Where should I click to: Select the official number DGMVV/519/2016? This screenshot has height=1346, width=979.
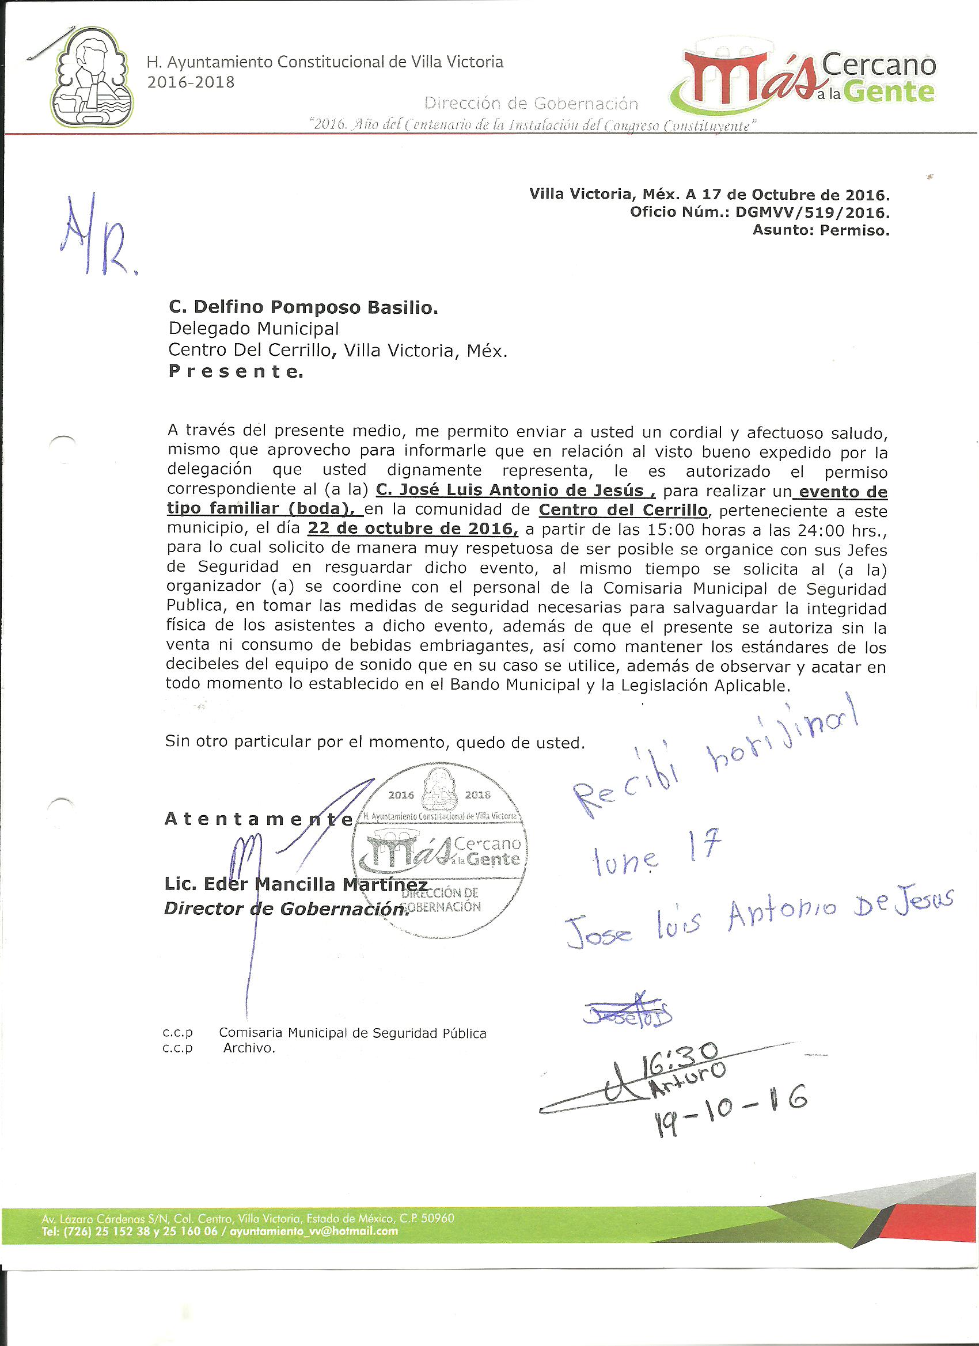pos(811,212)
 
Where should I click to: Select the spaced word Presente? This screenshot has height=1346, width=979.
pos(236,372)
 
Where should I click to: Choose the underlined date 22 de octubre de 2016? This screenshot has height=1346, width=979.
pos(412,528)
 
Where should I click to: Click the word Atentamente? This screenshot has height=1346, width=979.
pos(258,820)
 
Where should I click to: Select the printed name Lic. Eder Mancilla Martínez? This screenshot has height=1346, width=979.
pos(295,885)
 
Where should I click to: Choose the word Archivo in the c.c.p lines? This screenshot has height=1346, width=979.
pos(249,1048)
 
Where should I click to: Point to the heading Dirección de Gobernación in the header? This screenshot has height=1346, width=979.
pos(532,104)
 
